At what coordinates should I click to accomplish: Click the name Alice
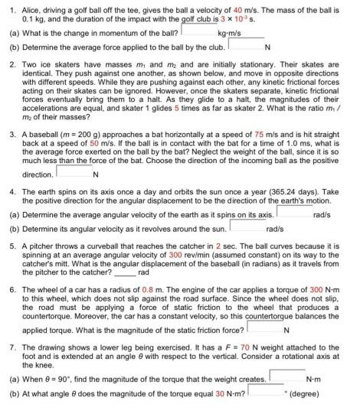(29, 6)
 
